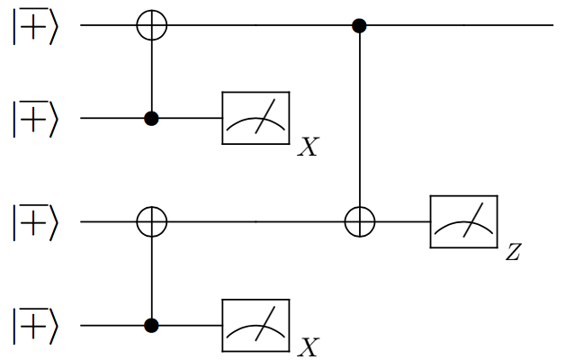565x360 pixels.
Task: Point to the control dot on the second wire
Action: [x=151, y=118]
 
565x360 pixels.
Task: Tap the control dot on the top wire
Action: [x=360, y=25]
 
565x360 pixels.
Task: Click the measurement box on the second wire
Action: [x=256, y=118]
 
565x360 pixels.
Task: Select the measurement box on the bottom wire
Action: [x=256, y=324]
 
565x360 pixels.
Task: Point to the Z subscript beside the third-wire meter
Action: [x=514, y=252]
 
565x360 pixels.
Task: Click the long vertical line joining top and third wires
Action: [x=360, y=121]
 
